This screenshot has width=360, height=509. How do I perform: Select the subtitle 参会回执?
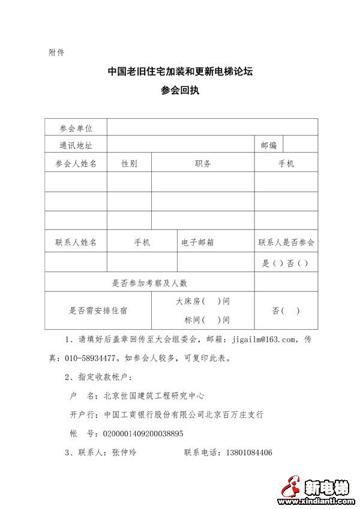coord(180,91)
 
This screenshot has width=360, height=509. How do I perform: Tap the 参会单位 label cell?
coord(76,128)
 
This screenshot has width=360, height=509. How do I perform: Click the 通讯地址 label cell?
coord(76,145)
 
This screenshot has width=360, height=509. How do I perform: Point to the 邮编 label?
coord(268,145)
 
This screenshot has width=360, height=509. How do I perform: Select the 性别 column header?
coord(129,163)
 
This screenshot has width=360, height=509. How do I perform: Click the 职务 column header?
coord(203,163)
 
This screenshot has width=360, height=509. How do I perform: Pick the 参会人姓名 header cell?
coord(76,163)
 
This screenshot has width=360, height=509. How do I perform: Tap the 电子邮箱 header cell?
coord(198,242)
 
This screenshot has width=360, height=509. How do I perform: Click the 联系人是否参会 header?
coord(286,242)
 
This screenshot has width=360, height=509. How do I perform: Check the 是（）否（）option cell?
coord(286,263)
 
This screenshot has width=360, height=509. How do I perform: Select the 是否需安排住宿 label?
coord(98,311)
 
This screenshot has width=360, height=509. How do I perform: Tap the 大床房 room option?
coord(203,301)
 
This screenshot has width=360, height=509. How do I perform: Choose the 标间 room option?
coord(203,320)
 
